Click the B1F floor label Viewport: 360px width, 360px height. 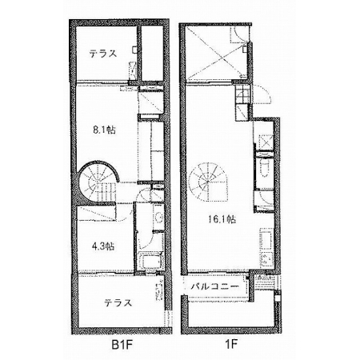click(122, 345)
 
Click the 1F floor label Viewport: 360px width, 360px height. click(231, 345)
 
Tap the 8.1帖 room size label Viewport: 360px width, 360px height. click(104, 130)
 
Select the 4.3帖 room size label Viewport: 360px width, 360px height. click(103, 246)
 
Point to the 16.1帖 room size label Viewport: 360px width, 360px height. click(222, 219)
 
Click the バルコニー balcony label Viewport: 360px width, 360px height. click(214, 287)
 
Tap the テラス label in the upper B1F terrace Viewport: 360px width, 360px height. click(103, 54)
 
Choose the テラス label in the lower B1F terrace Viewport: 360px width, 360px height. click(118, 303)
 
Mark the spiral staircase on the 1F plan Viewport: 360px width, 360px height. click(208, 182)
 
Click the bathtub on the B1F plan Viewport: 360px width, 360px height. click(150, 262)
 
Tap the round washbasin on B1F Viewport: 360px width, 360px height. click(159, 217)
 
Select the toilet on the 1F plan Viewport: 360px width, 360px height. click(265, 169)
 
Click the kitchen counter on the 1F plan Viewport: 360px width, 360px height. click(266, 246)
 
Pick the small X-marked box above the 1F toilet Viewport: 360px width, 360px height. click(266, 142)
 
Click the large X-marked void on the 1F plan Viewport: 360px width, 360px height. click(217, 52)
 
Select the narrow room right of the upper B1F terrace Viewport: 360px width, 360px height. click(152, 53)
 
